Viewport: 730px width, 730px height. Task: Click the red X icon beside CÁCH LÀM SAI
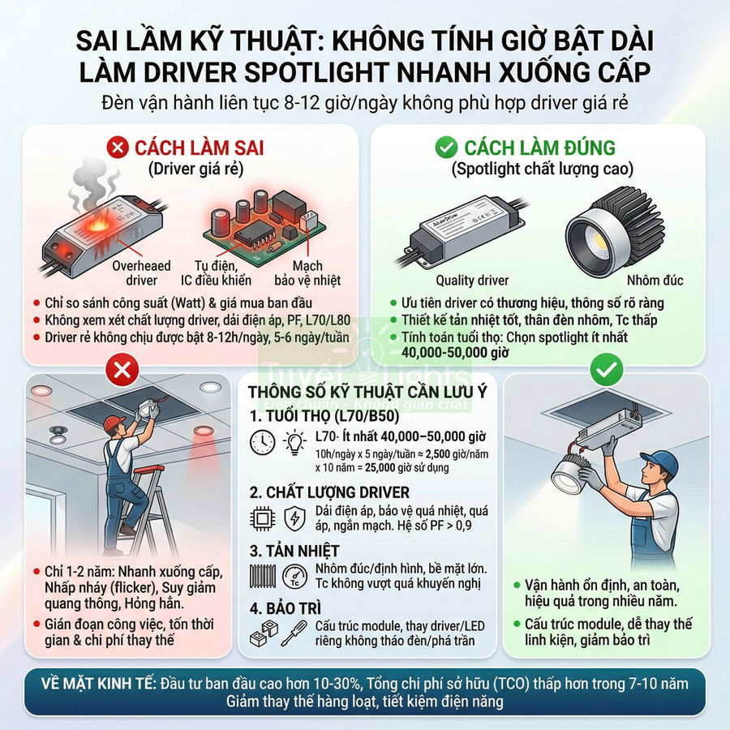tap(118, 148)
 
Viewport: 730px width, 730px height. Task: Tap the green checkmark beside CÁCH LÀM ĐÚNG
tap(446, 148)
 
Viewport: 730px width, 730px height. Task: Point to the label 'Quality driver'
tap(472, 281)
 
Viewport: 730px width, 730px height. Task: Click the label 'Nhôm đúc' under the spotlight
tap(660, 281)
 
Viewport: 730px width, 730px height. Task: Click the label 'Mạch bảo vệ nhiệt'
tap(308, 273)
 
